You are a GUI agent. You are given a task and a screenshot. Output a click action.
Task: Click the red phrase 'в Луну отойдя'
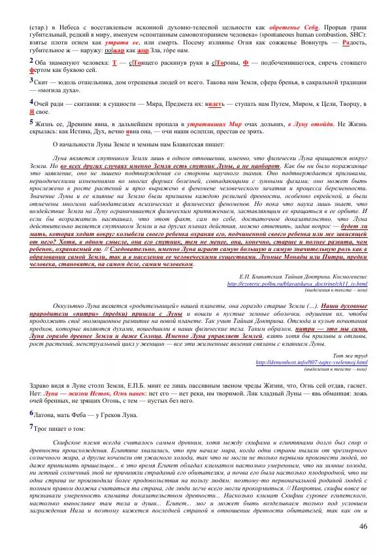click(311, 124)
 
